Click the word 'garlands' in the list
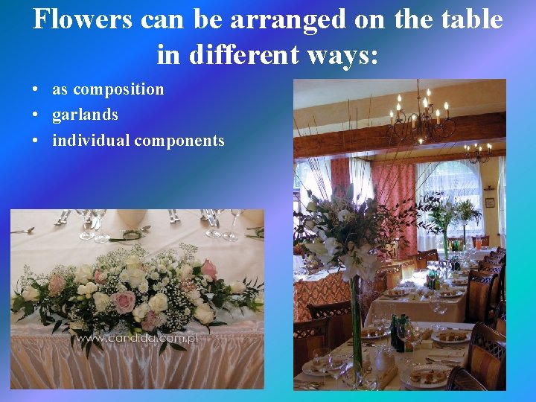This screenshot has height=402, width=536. pos(85,115)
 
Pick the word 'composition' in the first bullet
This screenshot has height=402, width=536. pos(118,89)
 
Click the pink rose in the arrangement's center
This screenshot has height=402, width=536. pos(123,301)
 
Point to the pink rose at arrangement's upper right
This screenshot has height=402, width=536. pos(209,269)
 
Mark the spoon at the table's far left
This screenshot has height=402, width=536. pos(22,231)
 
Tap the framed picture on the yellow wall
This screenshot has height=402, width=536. pos(489,202)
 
